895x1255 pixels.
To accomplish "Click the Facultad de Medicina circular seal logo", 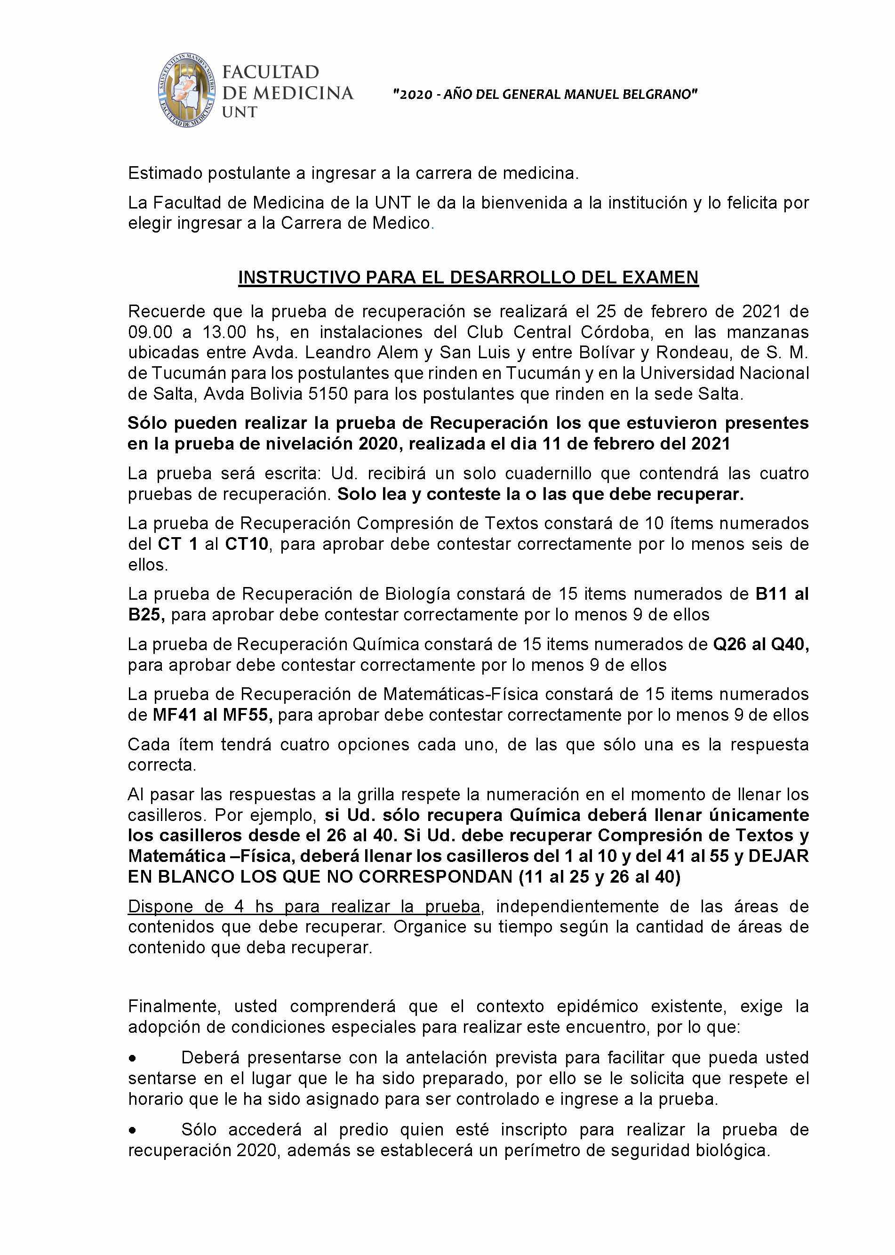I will pyautogui.click(x=186, y=91).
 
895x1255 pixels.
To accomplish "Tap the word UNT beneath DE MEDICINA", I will pyautogui.click(x=239, y=113).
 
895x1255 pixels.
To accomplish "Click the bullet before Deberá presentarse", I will pyautogui.click(x=132, y=1059).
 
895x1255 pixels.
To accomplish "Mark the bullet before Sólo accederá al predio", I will pyautogui.click(x=132, y=1130).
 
